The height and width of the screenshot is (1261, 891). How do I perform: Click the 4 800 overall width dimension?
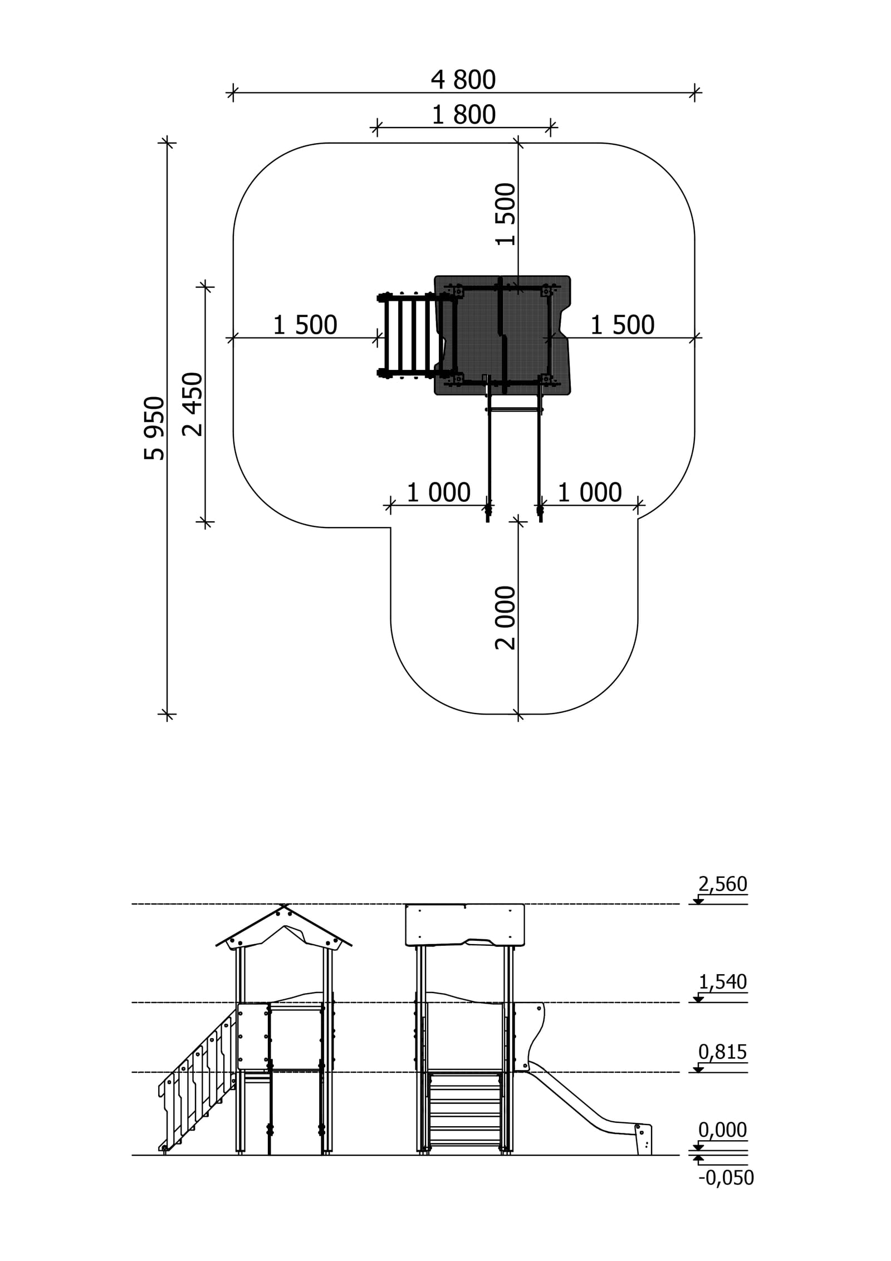pyautogui.click(x=463, y=80)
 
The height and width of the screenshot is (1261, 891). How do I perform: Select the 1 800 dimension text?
pyautogui.click(x=464, y=115)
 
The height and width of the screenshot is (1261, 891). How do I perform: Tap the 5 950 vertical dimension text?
pyautogui.click(x=155, y=428)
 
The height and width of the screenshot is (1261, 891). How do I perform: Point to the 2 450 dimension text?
pyautogui.click(x=193, y=404)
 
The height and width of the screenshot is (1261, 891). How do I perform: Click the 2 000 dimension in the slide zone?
pyautogui.click(x=506, y=618)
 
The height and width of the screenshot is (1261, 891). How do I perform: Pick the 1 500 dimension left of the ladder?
pyautogui.click(x=305, y=325)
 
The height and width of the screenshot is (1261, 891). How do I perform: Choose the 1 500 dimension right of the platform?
pyautogui.click(x=623, y=325)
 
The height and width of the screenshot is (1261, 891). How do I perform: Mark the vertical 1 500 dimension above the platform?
pyautogui.click(x=506, y=214)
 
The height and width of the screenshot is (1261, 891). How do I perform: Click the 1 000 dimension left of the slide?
pyautogui.click(x=439, y=493)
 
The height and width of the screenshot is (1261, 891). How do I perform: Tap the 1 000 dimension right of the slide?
pyautogui.click(x=590, y=493)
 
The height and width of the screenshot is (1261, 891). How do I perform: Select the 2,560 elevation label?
pyautogui.click(x=723, y=884)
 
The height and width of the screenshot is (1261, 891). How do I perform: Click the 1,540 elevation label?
pyautogui.click(x=723, y=982)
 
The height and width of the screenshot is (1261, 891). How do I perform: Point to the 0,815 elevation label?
pyautogui.click(x=723, y=1052)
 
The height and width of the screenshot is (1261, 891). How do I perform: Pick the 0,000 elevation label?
pyautogui.click(x=723, y=1130)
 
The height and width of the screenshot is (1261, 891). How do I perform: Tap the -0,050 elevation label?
pyautogui.click(x=726, y=1178)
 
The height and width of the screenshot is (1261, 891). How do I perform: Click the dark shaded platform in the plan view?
pyautogui.click(x=502, y=335)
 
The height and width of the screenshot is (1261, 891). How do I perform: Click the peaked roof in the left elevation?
pyautogui.click(x=284, y=928)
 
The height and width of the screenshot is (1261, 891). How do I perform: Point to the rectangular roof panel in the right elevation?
pyautogui.click(x=465, y=925)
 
